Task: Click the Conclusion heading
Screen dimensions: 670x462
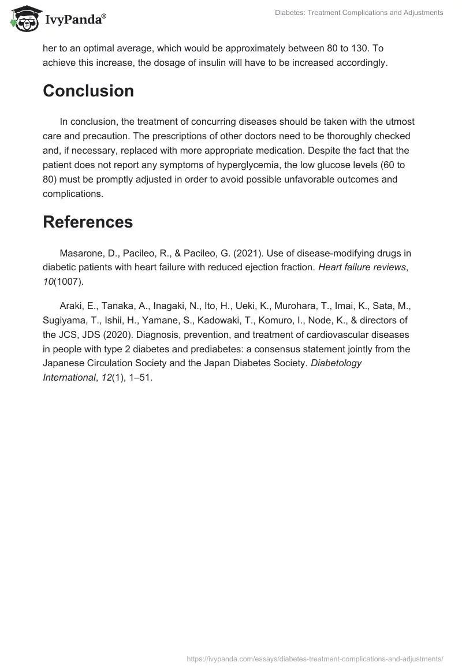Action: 88,91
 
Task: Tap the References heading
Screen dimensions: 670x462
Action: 88,222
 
